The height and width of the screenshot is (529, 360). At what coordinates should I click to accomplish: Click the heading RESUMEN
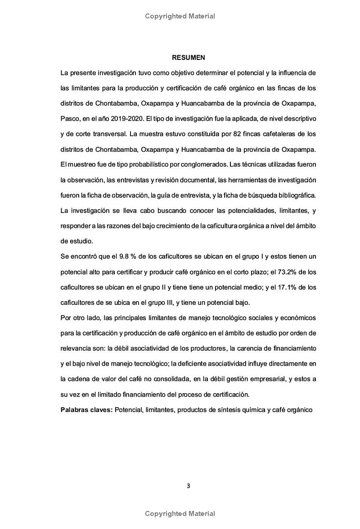pos(189,58)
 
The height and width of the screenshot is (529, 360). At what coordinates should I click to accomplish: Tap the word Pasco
pos(70,118)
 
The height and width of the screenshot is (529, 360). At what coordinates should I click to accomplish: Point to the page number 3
pos(189,485)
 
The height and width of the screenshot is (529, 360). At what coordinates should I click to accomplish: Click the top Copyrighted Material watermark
pos(180,16)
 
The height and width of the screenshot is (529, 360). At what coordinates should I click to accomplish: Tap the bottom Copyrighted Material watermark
pos(180,513)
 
